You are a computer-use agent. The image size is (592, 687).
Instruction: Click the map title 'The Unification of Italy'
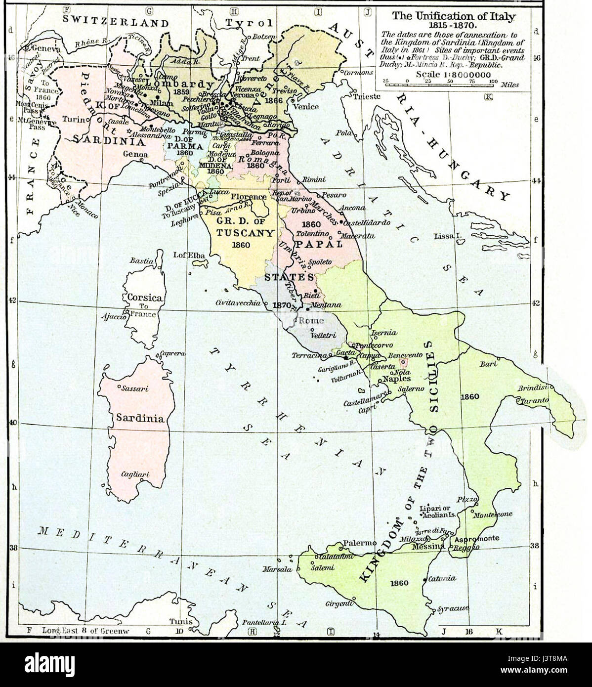pos(454,16)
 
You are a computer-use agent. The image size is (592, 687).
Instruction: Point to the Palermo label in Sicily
pos(359,542)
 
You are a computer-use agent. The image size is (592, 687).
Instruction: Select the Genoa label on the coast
pos(136,154)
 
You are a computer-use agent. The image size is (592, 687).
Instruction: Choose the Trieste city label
pos(367,96)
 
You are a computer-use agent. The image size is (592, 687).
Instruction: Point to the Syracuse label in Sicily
pos(453,609)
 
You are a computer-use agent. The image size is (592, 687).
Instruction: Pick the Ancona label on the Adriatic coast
pos(352,208)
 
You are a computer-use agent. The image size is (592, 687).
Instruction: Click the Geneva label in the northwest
pos(46,49)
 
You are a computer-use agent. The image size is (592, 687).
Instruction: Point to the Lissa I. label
pos(447,236)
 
